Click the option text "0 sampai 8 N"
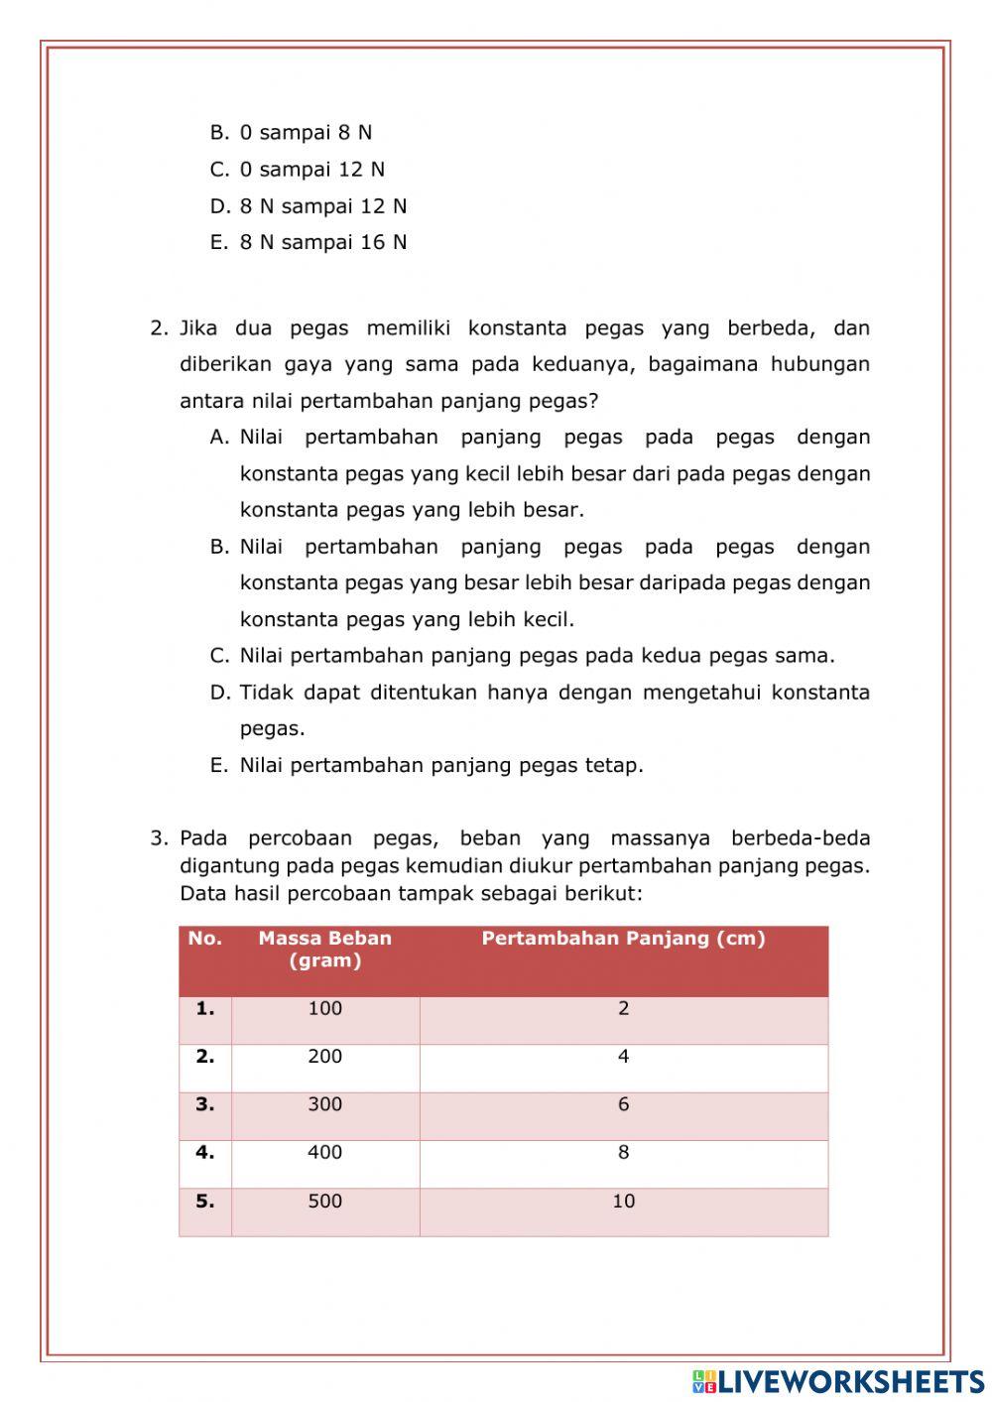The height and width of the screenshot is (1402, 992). (306, 132)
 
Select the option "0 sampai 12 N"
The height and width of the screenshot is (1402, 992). (311, 169)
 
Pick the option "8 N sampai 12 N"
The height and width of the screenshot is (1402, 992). (322, 206)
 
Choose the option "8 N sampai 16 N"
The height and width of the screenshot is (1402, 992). (322, 242)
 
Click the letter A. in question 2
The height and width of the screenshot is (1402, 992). (220, 438)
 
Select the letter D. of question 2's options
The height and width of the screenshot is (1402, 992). (220, 693)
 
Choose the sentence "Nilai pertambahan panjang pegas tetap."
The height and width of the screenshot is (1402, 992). (441, 765)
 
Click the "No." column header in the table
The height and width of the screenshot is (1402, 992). (205, 939)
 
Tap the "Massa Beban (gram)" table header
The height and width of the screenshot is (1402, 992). (325, 950)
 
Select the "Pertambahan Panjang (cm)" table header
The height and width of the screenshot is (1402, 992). (623, 939)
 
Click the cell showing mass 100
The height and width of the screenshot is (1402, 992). (325, 1009)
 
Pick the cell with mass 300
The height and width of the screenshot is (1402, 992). (325, 1104)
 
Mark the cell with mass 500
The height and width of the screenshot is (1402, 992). (325, 1202)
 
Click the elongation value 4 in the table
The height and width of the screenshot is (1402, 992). (623, 1057)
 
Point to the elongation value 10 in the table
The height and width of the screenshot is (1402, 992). (623, 1202)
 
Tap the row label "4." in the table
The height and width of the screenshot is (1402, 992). (205, 1153)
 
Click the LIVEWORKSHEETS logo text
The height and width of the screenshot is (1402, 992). (850, 1381)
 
